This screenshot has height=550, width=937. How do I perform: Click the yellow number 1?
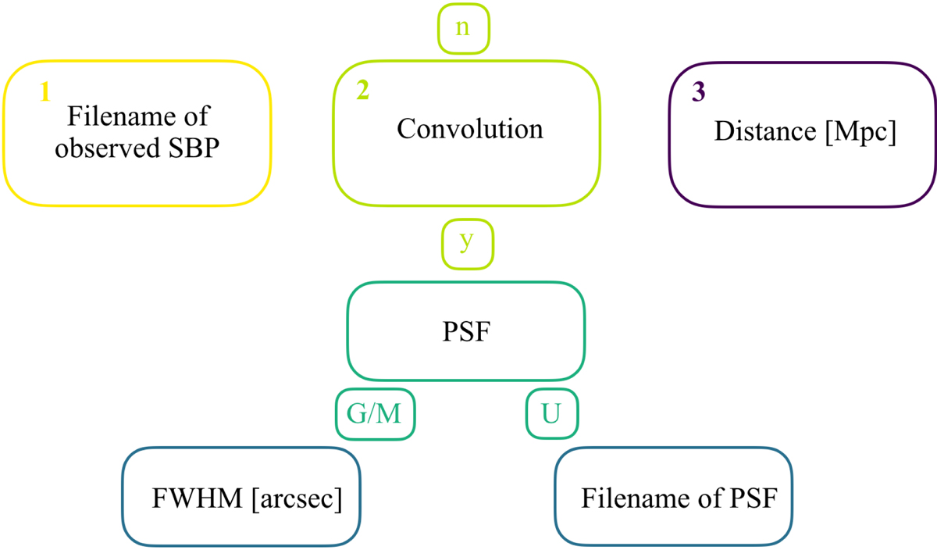pos(45,92)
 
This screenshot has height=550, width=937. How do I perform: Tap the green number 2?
pos(362,91)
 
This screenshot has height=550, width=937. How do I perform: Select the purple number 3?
pos(698,92)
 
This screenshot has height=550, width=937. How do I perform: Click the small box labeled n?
pos(463,28)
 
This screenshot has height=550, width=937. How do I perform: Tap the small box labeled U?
pos(550,414)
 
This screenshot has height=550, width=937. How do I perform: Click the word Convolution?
pos(469,128)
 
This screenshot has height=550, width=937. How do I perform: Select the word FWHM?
pos(198,498)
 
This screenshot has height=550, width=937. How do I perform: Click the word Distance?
pos(761,130)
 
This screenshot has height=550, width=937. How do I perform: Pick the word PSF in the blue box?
pos(754,498)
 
